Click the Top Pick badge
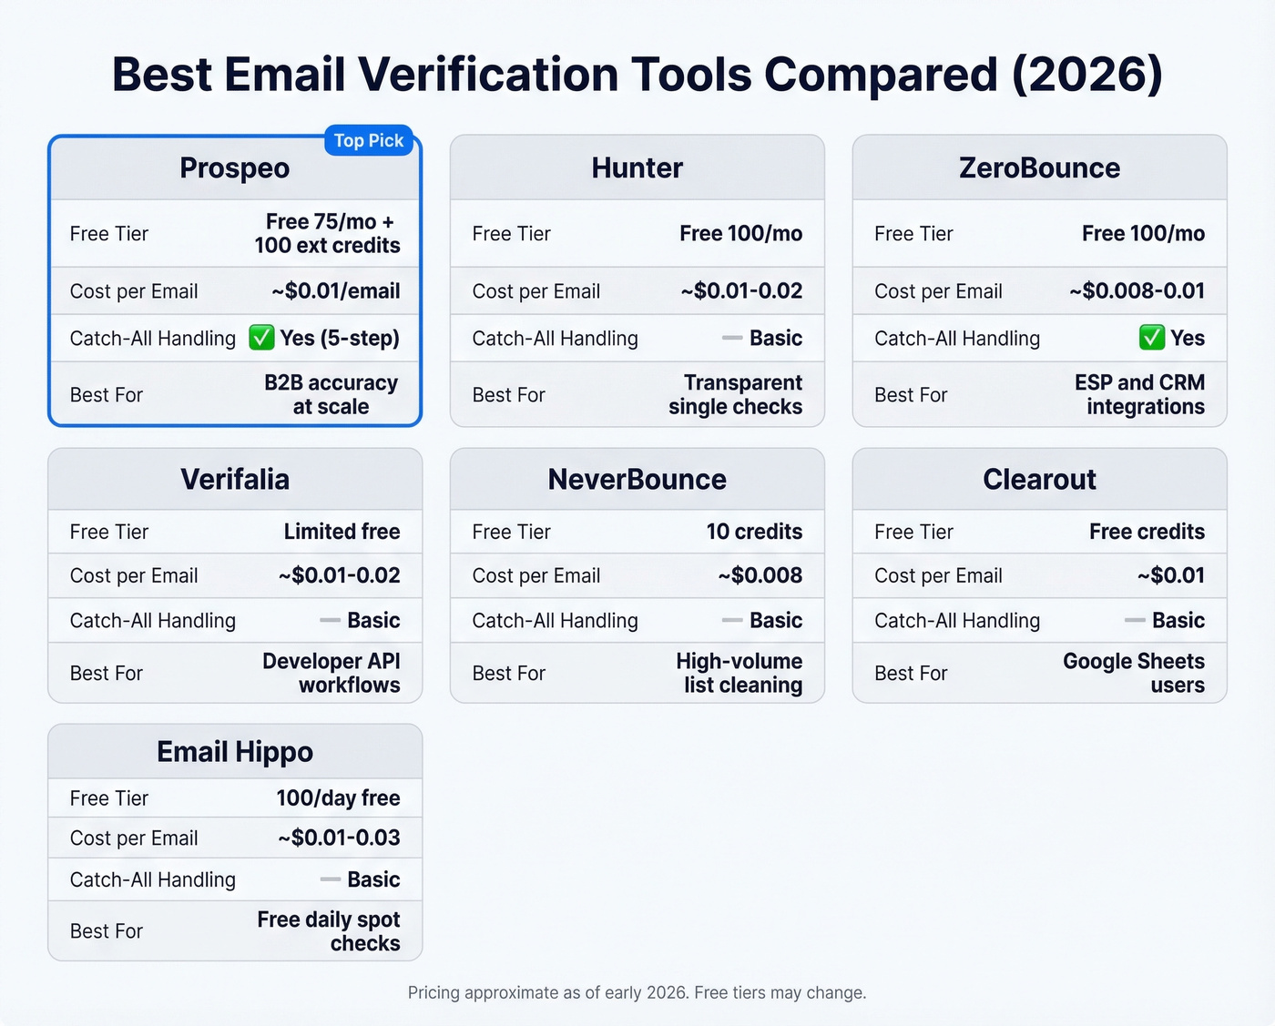tap(369, 141)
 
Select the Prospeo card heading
tap(234, 168)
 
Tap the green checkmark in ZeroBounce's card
tap(1151, 339)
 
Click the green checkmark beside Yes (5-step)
tap(261, 339)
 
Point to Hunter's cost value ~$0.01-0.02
tap(741, 291)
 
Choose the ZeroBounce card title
tap(1039, 168)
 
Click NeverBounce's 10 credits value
tap(754, 532)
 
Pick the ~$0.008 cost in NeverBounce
tap(760, 575)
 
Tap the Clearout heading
tap(1039, 480)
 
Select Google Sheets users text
tap(1134, 673)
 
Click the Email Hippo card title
tap(234, 752)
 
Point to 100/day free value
tap(338, 798)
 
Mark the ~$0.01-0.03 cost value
tap(339, 838)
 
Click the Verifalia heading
tap(234, 480)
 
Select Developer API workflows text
tap(331, 673)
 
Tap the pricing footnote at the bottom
tap(637, 992)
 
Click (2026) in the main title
tap(1087, 75)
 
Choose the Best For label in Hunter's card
tap(508, 395)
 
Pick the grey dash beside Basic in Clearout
tap(1135, 621)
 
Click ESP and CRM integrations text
tap(1139, 395)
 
